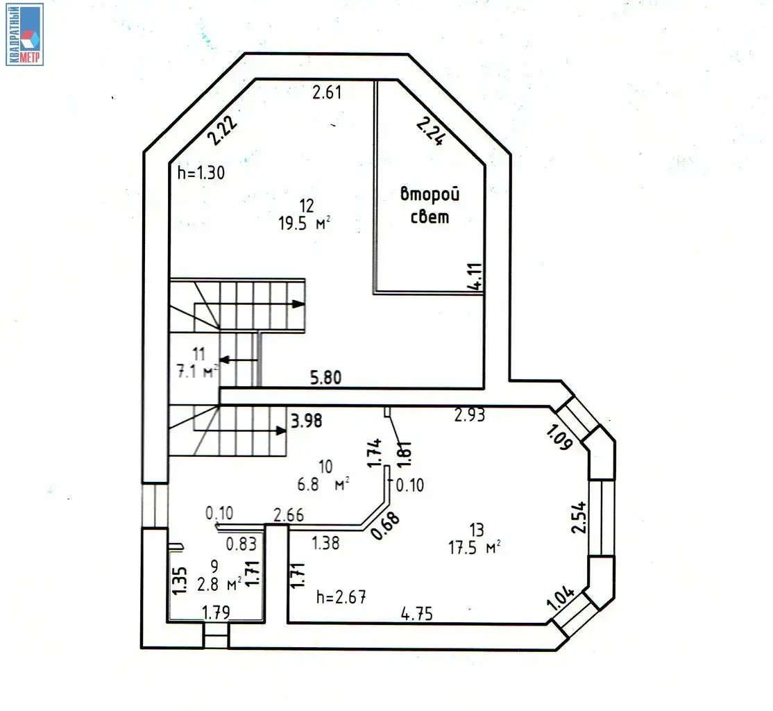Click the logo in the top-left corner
25,34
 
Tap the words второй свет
430,206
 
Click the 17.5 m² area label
474,546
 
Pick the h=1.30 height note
201,173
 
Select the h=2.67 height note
341,596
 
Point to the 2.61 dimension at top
327,92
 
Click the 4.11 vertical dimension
475,277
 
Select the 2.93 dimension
469,415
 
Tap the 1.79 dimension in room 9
216,612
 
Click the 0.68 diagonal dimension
386,526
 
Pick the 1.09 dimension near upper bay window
558,438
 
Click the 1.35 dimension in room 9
179,580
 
